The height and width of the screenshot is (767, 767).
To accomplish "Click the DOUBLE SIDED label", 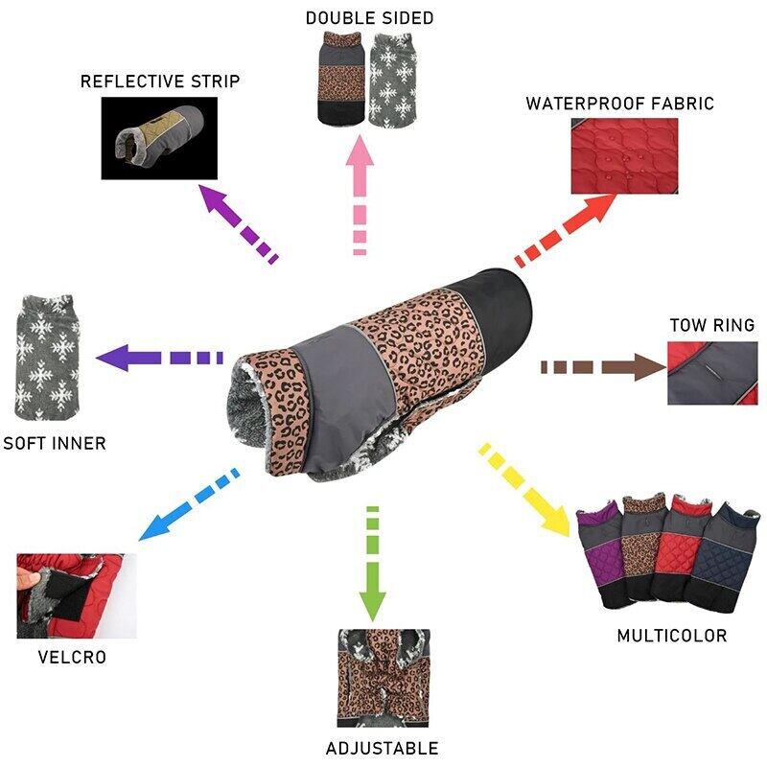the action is pos(369,18).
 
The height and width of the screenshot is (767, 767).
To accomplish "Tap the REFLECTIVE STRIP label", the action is pos(160,81).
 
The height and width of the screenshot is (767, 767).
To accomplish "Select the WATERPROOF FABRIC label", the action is pos(619,104).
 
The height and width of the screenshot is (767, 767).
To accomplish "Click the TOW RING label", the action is pos(711,326).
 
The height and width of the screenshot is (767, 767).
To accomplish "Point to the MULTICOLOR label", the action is pos(671,636).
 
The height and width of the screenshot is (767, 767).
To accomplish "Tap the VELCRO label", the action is pos(72,658).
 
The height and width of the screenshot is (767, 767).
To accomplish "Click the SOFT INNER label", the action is pos(55,444).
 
